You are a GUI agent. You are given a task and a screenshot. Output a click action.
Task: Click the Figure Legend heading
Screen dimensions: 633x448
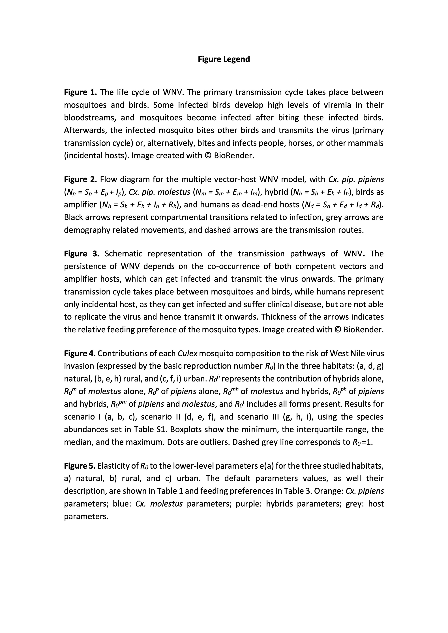[224, 59]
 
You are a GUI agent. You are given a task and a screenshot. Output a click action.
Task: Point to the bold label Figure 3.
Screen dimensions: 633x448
[82, 254]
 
